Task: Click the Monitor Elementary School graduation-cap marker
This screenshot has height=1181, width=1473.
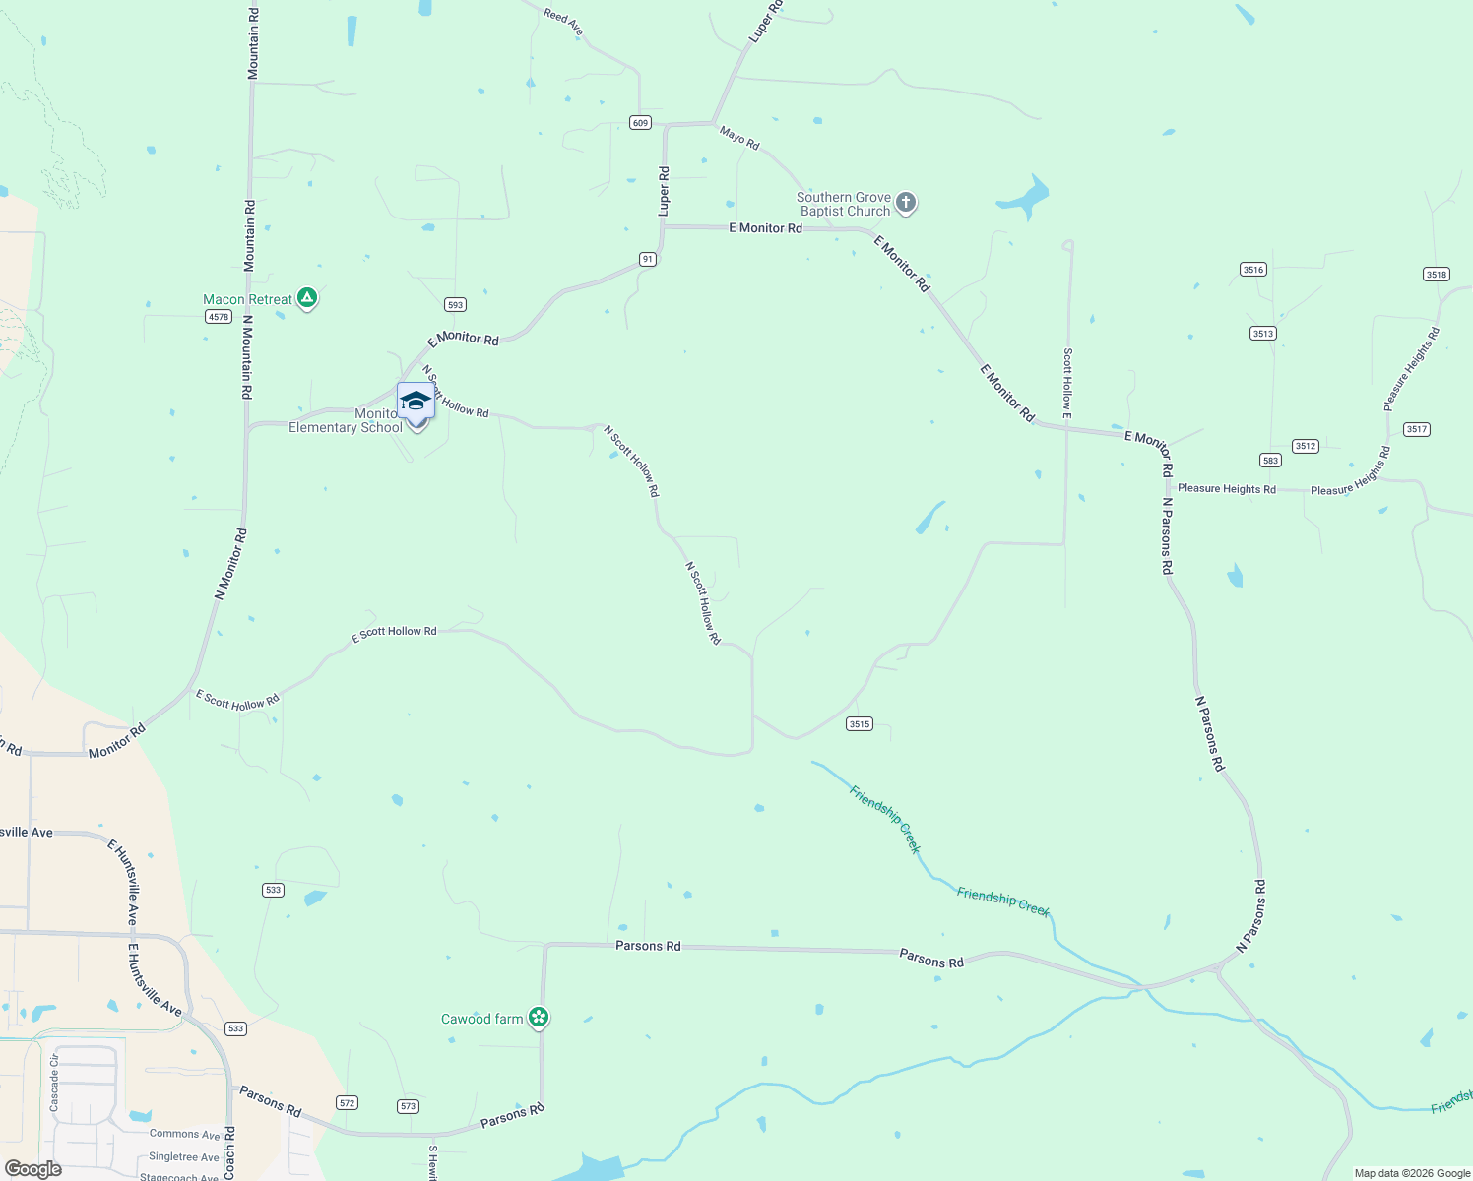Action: point(416,402)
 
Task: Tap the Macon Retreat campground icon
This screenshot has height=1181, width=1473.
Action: point(307,298)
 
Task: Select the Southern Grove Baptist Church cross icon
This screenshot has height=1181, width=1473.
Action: point(906,203)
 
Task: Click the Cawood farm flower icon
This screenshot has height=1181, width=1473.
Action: point(538,1017)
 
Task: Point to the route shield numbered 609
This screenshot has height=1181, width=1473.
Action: point(641,123)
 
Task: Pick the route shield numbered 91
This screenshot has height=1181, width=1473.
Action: point(647,259)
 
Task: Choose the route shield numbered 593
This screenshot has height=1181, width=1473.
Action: point(455,305)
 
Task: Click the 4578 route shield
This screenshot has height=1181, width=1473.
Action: point(219,317)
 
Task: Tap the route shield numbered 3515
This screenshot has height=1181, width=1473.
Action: point(860,724)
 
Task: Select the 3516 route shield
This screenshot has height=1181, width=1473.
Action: point(1253,270)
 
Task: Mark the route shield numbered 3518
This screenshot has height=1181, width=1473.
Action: point(1437,275)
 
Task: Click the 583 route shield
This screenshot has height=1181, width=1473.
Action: point(1270,461)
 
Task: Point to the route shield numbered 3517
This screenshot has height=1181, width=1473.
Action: point(1417,429)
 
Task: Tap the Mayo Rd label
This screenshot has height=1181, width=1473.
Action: point(739,138)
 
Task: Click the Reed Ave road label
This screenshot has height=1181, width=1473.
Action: point(563,22)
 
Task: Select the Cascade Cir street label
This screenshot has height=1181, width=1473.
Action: point(54,1083)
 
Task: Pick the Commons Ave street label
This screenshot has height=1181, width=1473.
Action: point(185,1135)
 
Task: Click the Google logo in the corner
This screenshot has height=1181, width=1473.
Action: point(33,1169)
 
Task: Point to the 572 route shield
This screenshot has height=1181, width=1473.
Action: point(347,1102)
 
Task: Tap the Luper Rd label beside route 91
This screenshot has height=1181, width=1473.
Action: point(664,191)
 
